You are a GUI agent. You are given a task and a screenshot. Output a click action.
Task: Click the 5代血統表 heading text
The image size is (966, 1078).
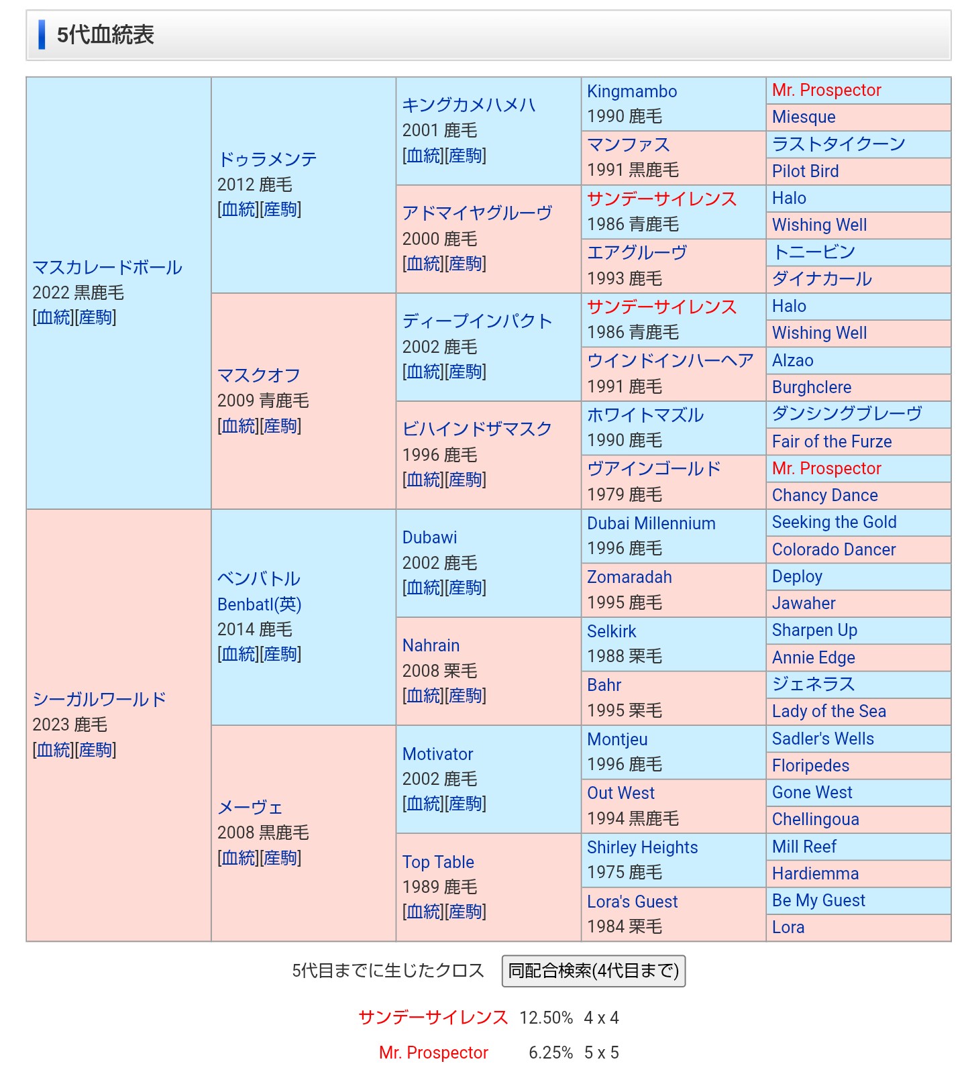(x=105, y=35)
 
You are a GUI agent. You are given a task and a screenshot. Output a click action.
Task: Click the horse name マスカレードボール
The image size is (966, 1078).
(x=107, y=268)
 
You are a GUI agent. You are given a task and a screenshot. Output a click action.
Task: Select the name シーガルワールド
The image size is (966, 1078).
(x=99, y=700)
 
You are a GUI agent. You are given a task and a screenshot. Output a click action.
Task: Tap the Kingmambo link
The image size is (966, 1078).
(x=632, y=91)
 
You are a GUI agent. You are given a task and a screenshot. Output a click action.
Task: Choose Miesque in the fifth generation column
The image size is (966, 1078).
(x=804, y=117)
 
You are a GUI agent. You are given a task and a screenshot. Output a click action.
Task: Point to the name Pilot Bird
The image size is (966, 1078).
(x=805, y=171)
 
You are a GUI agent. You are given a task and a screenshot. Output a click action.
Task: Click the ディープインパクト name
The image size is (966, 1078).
(x=477, y=321)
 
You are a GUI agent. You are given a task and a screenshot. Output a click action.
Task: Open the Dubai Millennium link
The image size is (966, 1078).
(x=651, y=523)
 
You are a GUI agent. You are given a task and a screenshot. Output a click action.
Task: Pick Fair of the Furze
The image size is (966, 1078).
(x=832, y=441)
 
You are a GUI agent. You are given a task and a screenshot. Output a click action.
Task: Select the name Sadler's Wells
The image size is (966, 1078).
(x=823, y=739)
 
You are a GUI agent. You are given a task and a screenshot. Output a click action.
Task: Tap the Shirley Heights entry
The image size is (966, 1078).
(x=642, y=847)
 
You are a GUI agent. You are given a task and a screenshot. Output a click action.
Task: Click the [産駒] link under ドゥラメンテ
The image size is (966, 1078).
(x=280, y=209)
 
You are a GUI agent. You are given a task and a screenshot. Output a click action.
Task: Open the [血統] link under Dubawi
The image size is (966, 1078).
(x=423, y=588)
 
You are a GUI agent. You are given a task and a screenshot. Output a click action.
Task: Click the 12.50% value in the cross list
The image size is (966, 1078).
(x=546, y=1018)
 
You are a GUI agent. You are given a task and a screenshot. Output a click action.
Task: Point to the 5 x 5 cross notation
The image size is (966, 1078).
(x=601, y=1053)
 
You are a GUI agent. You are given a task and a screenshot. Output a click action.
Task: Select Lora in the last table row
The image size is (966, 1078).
(x=788, y=927)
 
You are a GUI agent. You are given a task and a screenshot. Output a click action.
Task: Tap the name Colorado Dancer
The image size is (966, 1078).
(x=834, y=549)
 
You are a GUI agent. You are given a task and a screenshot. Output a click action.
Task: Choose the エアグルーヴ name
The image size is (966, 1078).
(x=637, y=253)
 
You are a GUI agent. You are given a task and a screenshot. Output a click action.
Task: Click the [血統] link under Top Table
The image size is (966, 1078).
(x=423, y=912)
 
